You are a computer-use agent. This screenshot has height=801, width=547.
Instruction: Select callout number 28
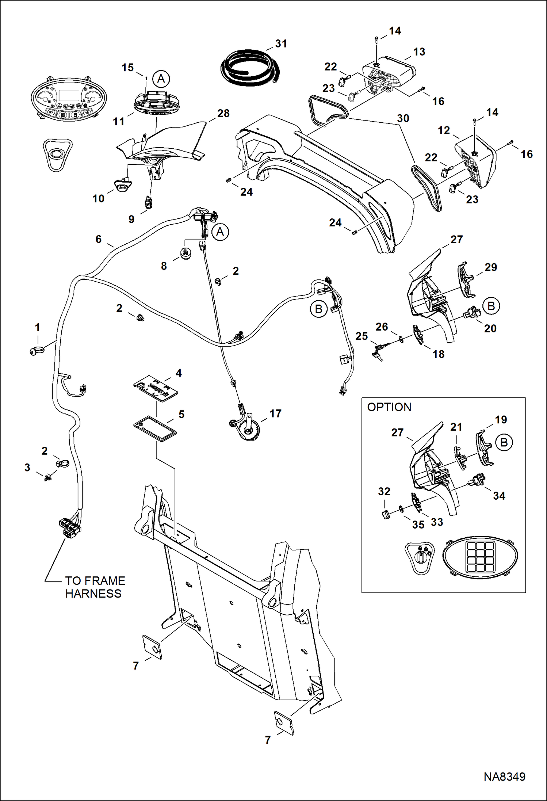(223, 114)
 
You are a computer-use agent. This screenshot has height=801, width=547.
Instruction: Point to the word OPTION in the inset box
(389, 407)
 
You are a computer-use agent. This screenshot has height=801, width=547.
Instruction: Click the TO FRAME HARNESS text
(95, 587)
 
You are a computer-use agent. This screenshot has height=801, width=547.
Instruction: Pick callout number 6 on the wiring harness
(98, 239)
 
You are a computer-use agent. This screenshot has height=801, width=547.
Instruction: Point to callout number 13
(419, 52)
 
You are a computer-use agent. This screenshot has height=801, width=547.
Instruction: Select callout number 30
(403, 118)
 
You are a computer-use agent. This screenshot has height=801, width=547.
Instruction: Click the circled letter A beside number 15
(161, 79)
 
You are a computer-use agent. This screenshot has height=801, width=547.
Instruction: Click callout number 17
(275, 413)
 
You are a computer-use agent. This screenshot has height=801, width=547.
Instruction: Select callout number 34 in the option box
(499, 496)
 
